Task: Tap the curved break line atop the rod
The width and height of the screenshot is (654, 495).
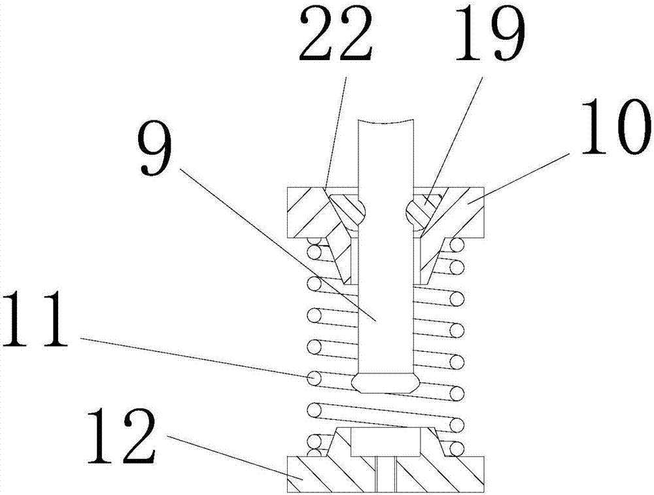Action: [x=386, y=122]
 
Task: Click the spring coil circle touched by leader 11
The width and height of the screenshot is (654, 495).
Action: [x=316, y=378]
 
